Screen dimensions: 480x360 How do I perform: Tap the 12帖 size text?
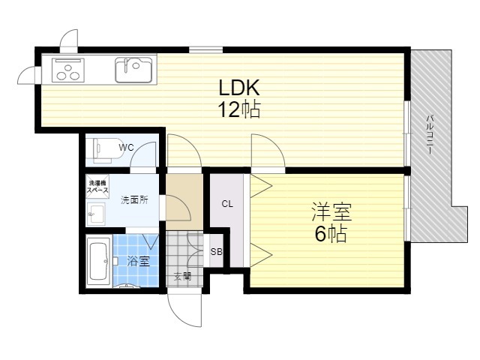coord(239,109)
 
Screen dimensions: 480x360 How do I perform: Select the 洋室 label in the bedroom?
coord(331,211)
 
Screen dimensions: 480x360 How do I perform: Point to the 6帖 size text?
coord(331,234)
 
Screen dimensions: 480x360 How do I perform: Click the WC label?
coord(127,148)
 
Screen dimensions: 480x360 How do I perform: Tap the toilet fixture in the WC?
coord(103,150)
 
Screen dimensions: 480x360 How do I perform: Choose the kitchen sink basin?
coord(133,70)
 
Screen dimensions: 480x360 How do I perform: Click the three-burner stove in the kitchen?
coord(68,70)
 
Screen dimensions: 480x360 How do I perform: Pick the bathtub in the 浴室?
coord(98,262)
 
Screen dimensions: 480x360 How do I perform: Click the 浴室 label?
coord(138,261)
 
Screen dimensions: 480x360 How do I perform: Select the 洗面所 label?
coord(134,200)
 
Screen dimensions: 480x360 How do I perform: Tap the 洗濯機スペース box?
coord(97,187)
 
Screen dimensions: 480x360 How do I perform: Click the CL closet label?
coord(227,204)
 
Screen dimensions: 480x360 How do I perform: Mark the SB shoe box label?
coord(216,252)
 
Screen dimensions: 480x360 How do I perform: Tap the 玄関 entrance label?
coord(183,277)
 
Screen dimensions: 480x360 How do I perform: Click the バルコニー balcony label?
coord(430,133)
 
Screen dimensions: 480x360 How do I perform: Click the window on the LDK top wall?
coord(205,49)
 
